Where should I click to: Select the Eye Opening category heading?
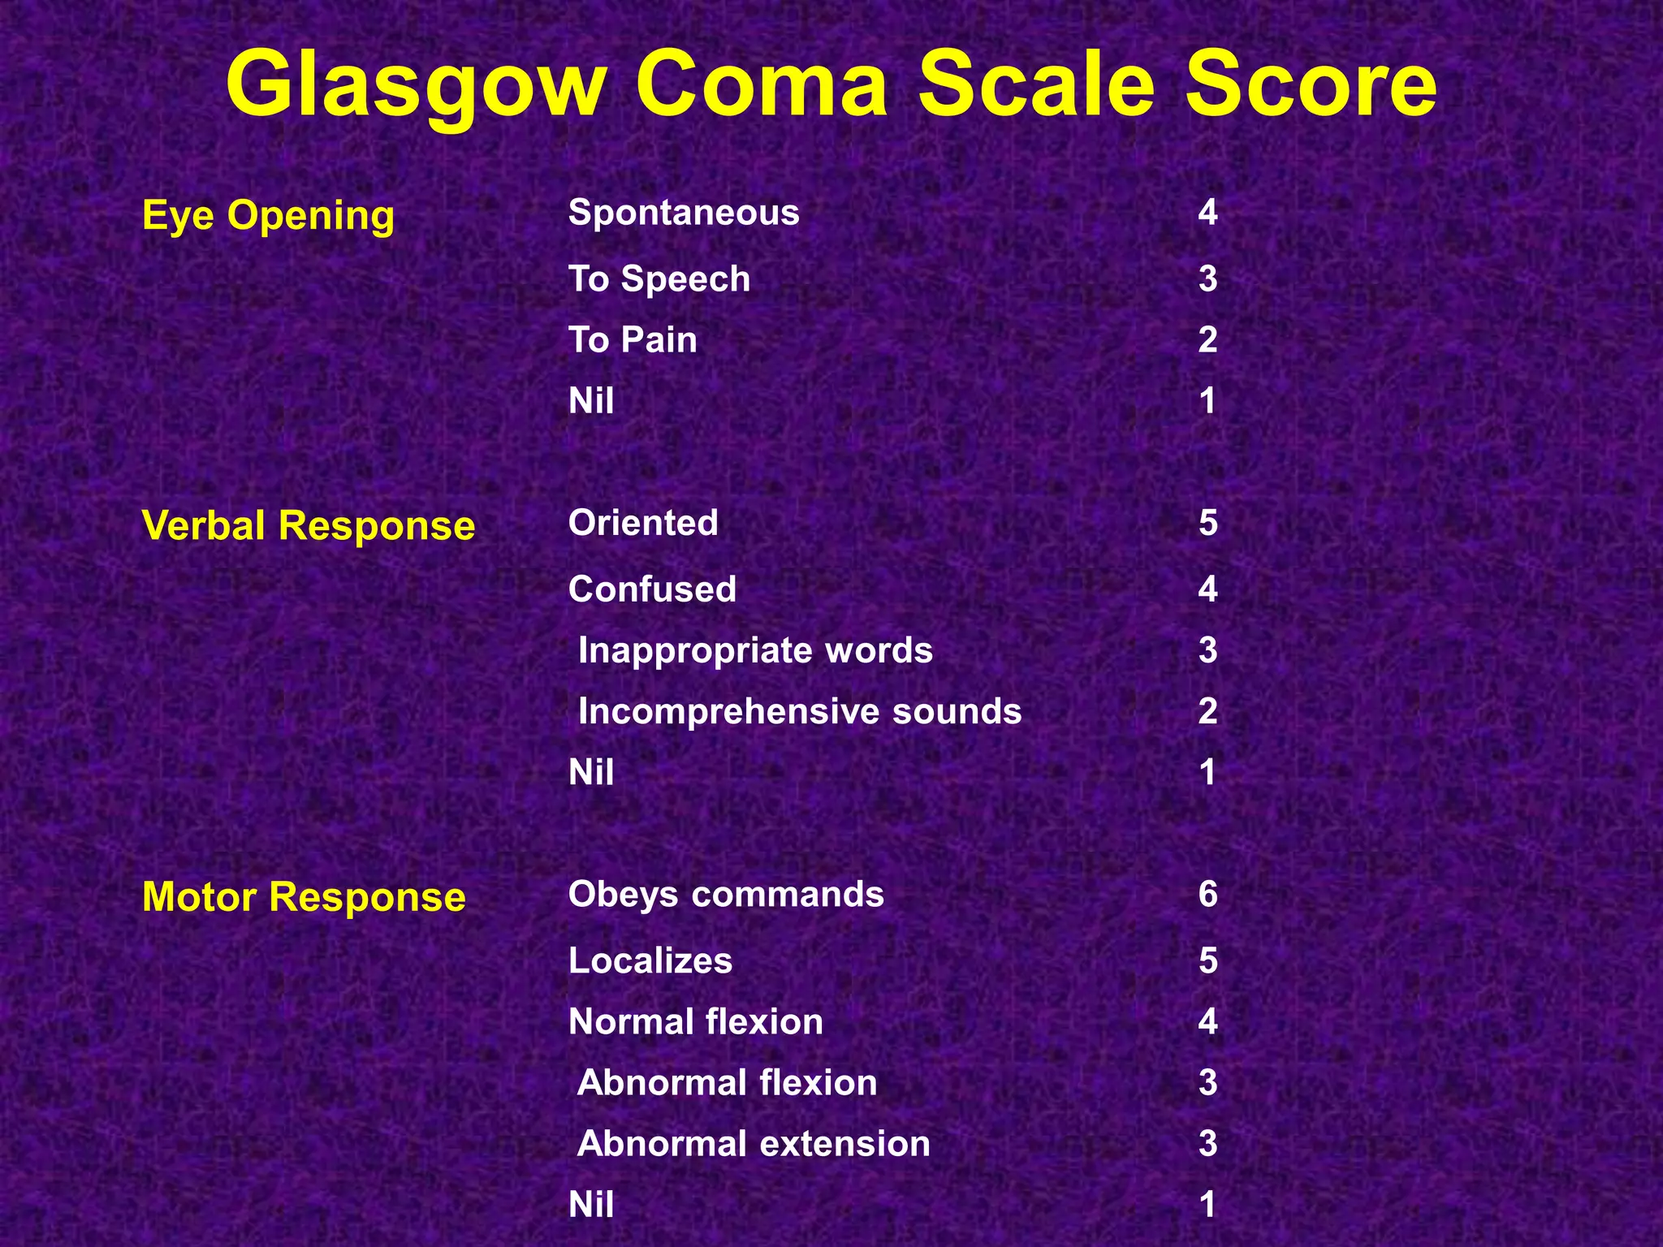pyautogui.click(x=268, y=216)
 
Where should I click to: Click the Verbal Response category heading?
pyautogui.click(x=308, y=525)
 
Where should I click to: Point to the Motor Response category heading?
pyautogui.click(x=304, y=897)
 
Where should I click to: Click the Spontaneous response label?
pyautogui.click(x=684, y=213)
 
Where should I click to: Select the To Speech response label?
pyautogui.click(x=659, y=279)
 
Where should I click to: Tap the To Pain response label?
pyautogui.click(x=633, y=339)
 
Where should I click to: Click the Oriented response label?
pyautogui.click(x=643, y=523)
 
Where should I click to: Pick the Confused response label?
pyautogui.click(x=652, y=589)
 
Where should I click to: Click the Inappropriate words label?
pyautogui.click(x=755, y=650)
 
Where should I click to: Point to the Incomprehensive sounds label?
pyautogui.click(x=799, y=711)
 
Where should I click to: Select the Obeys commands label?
pyautogui.click(x=726, y=895)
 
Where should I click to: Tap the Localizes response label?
pyautogui.click(x=650, y=961)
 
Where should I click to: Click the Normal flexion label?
pyautogui.click(x=696, y=1021)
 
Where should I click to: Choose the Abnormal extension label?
pyautogui.click(x=754, y=1144)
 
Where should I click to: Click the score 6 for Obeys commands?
pyautogui.click(x=1207, y=895)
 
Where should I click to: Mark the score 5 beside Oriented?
pyautogui.click(x=1207, y=523)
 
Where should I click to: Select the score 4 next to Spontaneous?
pyautogui.click(x=1207, y=213)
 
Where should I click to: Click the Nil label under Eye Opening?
pyautogui.click(x=591, y=401)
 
